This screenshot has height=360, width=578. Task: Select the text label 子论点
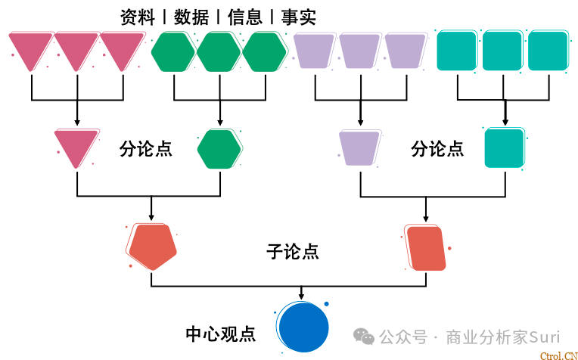293,252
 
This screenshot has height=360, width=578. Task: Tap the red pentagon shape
153,246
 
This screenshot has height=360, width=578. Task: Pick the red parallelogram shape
426,247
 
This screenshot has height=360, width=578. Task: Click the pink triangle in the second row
76,146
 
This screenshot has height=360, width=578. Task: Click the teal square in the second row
504,147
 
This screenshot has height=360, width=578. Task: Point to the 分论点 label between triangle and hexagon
146,149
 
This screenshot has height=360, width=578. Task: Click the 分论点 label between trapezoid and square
437,149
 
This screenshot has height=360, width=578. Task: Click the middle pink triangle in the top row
76,48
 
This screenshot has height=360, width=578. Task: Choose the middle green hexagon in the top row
219,51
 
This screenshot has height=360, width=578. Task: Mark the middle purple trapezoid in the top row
360,50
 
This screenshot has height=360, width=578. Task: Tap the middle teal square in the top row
502,51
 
